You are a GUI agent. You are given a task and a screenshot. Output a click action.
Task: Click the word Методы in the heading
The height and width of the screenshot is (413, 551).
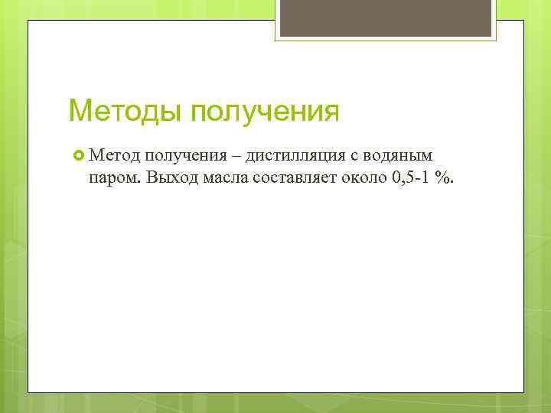125,111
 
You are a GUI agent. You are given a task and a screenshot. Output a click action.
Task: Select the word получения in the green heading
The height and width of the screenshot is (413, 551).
264,112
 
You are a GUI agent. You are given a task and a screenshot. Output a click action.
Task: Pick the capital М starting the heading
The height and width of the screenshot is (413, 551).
80,111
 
